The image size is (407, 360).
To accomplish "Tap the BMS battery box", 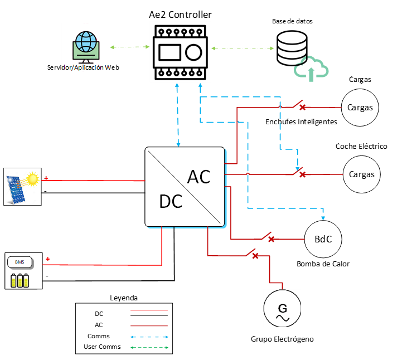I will coord(22,271).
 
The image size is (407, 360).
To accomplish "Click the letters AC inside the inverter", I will coord(198,177).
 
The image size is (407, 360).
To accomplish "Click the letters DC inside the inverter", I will coord(171,202).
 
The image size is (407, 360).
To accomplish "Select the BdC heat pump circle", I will coord(323,240).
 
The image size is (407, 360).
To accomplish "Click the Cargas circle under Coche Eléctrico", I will coord(361,174).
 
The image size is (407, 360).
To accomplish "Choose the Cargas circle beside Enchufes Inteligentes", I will coord(360,107).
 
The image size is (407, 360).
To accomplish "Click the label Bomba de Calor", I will coord(323,264).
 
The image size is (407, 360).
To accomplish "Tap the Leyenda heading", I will coord(123,298).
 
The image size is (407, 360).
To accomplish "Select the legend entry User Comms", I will coord(99,348).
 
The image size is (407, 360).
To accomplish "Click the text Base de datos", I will coord(292,21).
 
